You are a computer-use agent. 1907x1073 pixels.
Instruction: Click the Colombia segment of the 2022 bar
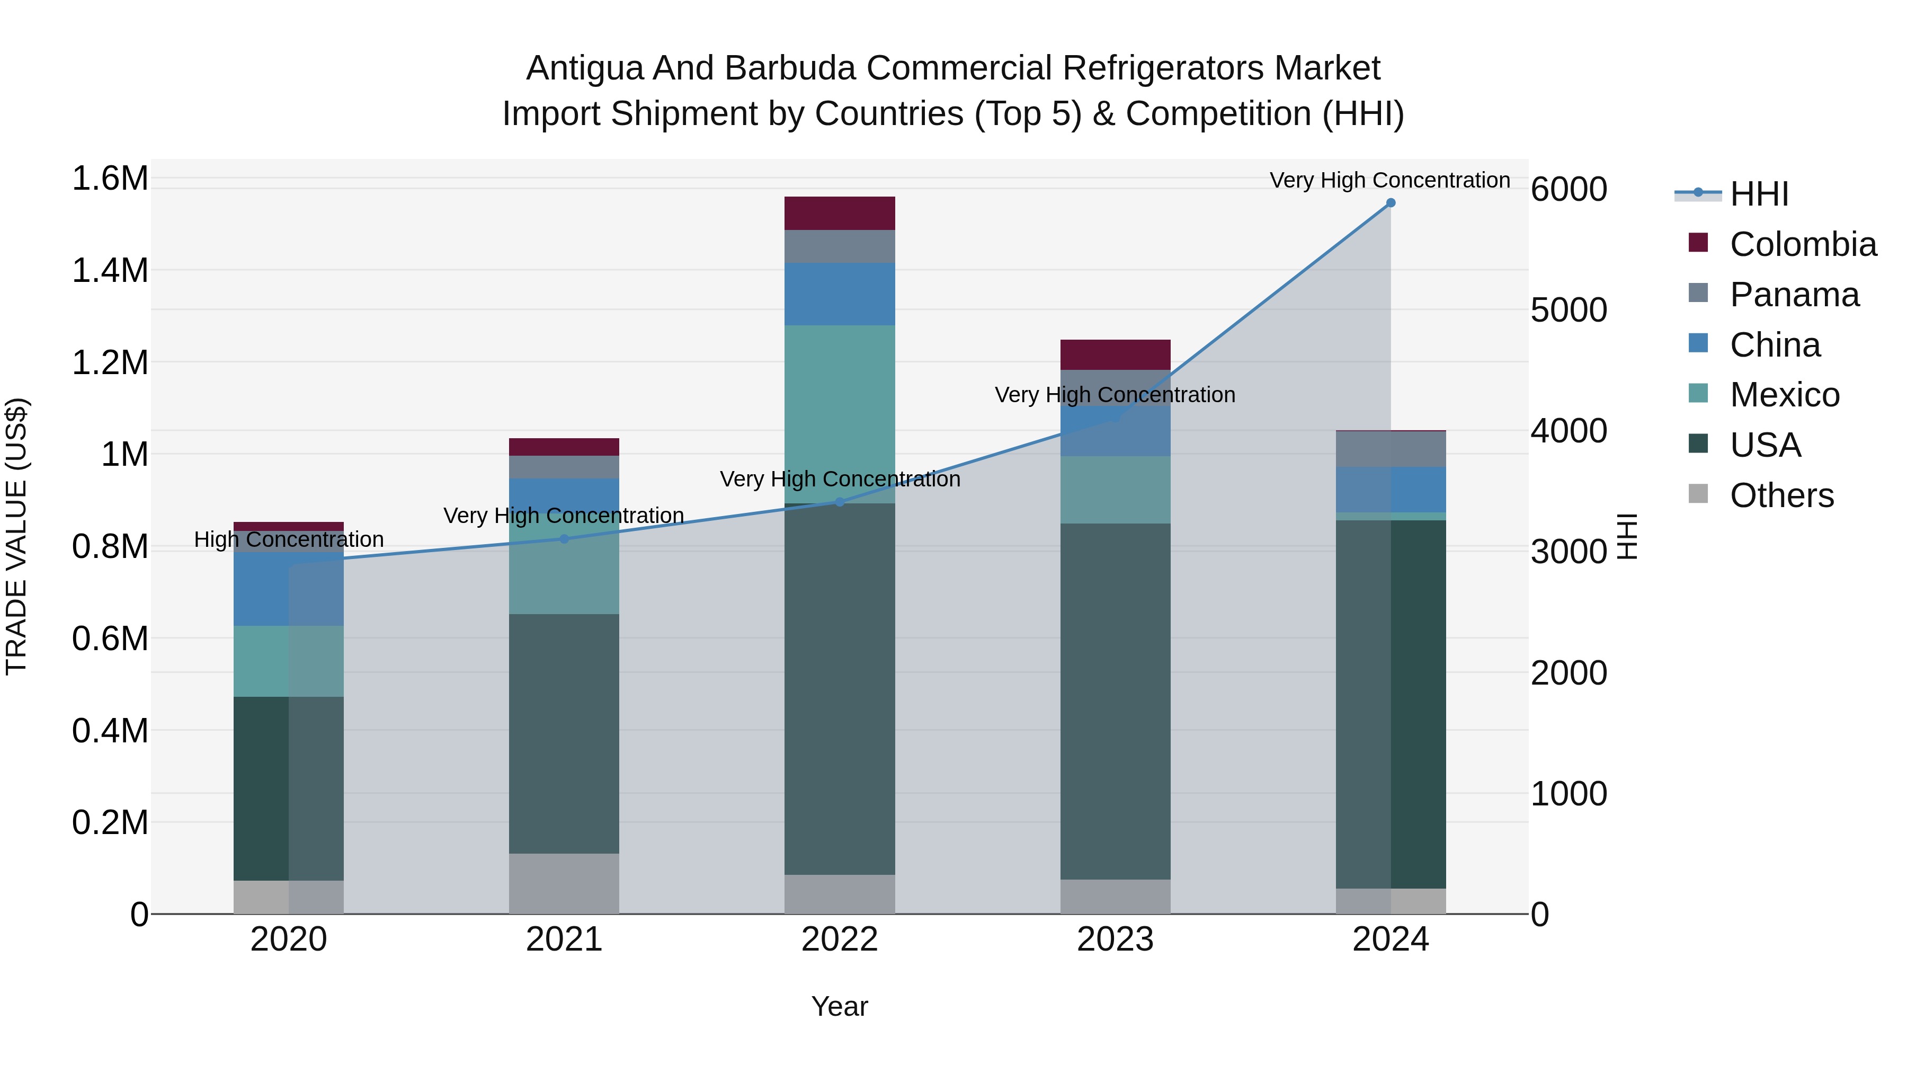840,213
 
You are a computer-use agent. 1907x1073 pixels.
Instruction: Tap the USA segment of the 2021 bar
564,733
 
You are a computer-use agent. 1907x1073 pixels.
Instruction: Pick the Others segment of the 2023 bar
1115,896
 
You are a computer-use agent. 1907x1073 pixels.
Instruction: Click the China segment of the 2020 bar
288,589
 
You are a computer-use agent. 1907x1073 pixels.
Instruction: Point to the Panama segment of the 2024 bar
1391,449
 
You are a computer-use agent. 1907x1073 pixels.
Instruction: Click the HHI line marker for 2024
1391,203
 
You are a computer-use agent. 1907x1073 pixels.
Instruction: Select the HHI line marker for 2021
564,539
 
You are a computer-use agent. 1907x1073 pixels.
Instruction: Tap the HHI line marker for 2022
840,502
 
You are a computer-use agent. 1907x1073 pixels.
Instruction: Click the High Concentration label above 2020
289,540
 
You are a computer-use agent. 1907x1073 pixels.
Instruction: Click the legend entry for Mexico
1784,395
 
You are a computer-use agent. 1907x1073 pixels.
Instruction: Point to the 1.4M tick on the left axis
110,271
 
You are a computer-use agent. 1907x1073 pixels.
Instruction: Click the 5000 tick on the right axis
1569,311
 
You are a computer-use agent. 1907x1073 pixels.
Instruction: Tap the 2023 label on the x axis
1115,939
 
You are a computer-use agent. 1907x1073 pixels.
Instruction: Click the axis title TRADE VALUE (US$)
16,536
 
